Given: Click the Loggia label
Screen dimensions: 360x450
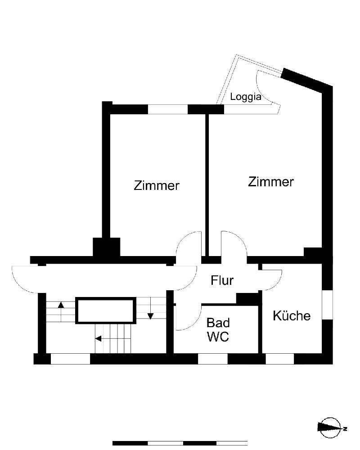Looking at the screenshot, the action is click(246, 97).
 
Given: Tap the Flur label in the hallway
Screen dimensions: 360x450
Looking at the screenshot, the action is click(222, 280).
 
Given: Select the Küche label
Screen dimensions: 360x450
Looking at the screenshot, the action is click(292, 315).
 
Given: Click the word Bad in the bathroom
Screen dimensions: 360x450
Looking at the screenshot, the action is click(218, 323).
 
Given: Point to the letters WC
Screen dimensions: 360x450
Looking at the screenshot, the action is click(218, 337).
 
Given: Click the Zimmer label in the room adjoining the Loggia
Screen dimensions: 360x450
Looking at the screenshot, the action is click(271, 182).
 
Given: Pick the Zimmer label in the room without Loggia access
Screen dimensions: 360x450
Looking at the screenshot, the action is click(157, 185).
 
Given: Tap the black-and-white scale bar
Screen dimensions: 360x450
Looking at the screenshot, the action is click(180, 443).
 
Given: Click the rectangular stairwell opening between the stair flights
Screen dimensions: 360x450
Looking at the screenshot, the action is click(106, 310).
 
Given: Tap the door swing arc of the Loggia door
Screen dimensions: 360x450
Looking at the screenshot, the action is click(262, 89).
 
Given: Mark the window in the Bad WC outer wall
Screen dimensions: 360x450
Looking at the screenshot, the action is click(212, 359).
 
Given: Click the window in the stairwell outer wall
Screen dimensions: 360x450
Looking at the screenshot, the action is click(70, 359).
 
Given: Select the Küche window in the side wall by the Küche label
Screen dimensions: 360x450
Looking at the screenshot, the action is click(327, 305).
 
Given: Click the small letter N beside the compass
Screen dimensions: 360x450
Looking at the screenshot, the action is click(345, 429).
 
